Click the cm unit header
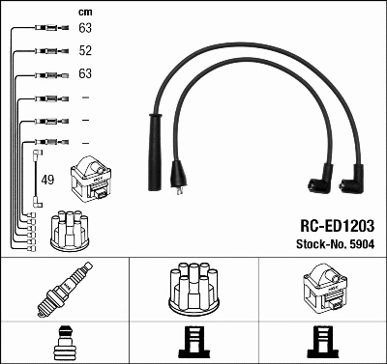click(x=85, y=13)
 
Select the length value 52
click(x=85, y=50)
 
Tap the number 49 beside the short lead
click(x=48, y=180)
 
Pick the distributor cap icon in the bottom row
click(x=194, y=290)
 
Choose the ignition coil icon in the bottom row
click(x=323, y=290)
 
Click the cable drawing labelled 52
click(x=46, y=50)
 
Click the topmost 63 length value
click(x=85, y=27)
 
